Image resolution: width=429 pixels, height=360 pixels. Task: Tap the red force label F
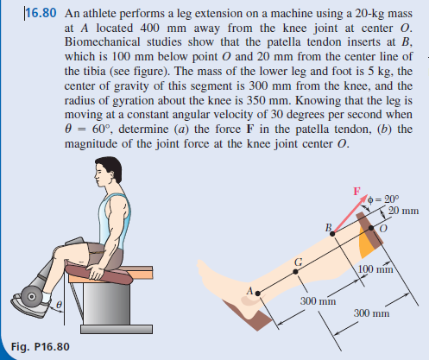coord(353,191)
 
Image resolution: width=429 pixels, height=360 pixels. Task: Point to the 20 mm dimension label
coord(401,212)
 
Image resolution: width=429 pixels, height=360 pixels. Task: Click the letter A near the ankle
coord(249,292)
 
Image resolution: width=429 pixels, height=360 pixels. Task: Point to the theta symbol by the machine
coord(60,305)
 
